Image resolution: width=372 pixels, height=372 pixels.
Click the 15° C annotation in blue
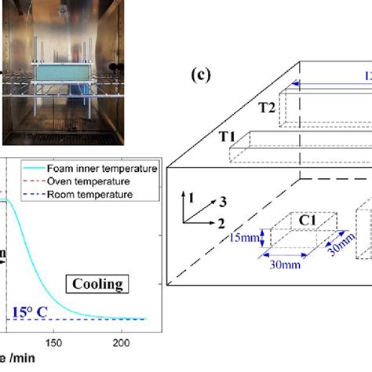[x=31, y=312]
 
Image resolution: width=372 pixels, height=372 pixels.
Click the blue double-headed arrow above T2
[x=330, y=85]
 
